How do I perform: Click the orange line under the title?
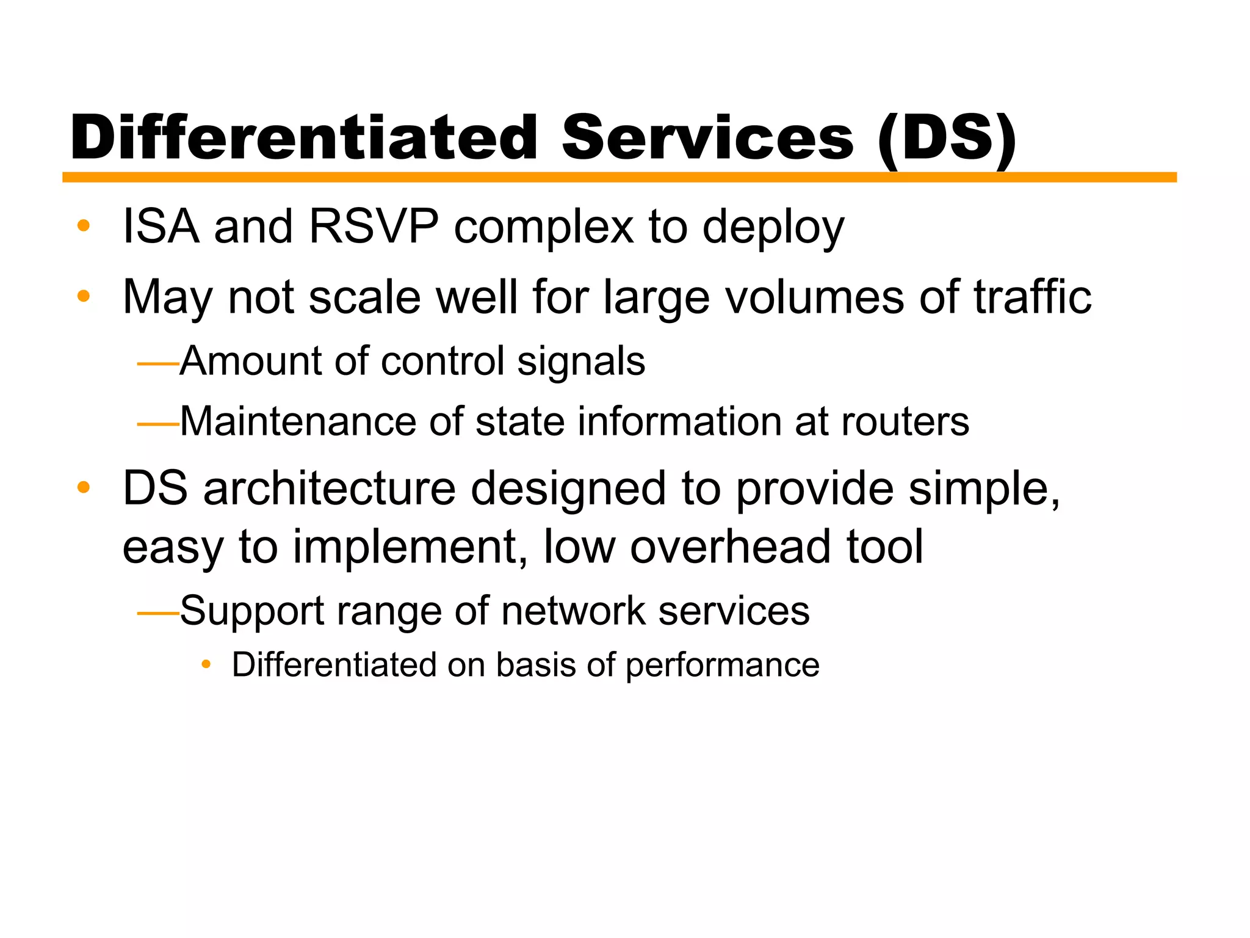click(619, 177)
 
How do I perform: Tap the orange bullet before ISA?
click(84, 226)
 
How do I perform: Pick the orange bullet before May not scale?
click(84, 297)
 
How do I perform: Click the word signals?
click(581, 362)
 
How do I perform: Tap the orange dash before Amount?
click(158, 364)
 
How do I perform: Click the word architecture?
click(330, 489)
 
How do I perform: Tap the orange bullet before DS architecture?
click(84, 488)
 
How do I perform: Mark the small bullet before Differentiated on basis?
click(206, 664)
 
